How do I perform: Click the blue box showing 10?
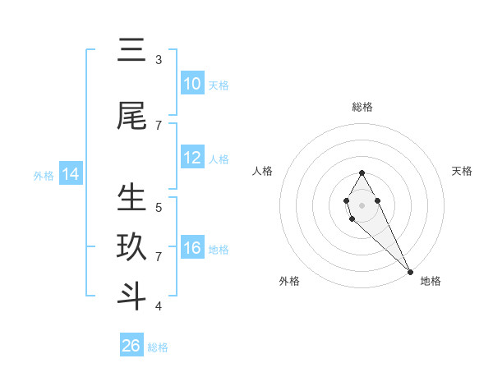191,85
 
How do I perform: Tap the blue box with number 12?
191,158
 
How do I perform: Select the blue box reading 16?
191,248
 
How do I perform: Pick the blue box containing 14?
70,174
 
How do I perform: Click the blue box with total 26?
131,346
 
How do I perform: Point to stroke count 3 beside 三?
159,60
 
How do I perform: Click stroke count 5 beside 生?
159,207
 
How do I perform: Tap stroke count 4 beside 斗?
159,306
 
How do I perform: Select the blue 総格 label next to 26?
158,347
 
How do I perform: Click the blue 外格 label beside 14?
44,175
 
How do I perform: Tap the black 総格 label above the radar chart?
362,107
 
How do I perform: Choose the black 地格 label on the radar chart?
431,281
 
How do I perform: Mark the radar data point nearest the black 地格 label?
409,271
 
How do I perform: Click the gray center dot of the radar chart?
362,204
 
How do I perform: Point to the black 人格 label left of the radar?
263,171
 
